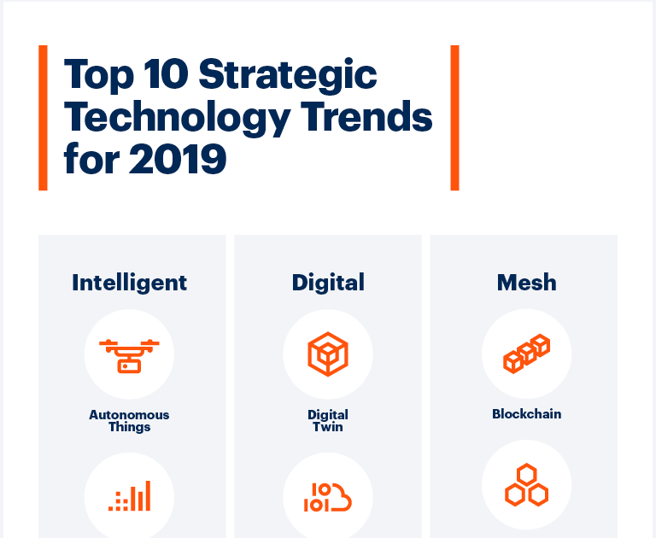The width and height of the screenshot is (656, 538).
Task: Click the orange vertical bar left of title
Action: pos(43,118)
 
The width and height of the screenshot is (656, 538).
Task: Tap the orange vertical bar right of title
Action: pos(454,118)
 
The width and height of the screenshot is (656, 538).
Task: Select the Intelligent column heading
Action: pos(129,283)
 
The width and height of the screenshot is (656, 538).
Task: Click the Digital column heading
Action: pos(328,283)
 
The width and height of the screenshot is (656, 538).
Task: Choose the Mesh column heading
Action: pos(526,283)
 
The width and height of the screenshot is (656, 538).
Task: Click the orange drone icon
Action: pos(129,354)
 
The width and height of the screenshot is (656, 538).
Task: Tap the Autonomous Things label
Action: pos(129,421)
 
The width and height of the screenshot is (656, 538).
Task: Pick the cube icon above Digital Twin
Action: pos(328,354)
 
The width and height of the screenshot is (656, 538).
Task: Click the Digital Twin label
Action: pos(328,421)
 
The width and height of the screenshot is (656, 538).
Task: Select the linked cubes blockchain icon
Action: pos(526,354)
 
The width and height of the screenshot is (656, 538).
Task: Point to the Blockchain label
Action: pos(526,415)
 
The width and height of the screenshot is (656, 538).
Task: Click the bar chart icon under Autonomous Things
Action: pos(129,496)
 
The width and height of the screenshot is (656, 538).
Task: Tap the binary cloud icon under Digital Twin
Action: pos(328,498)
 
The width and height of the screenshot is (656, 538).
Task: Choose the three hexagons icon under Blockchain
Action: pos(526,485)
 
